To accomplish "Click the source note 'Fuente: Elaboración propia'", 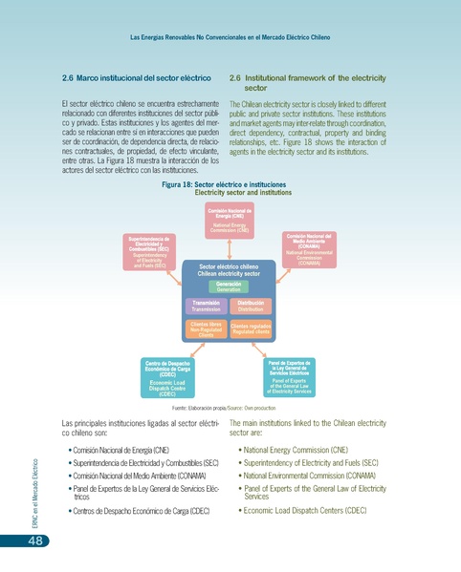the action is [232, 407].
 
